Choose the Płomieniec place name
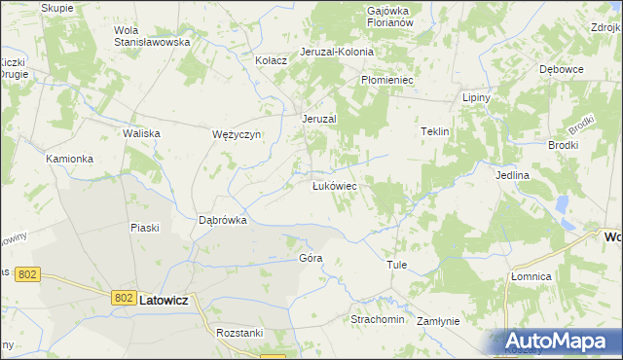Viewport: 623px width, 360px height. [x=387, y=80]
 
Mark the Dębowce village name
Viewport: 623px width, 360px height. [x=561, y=70]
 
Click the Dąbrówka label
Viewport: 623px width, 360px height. [x=223, y=220]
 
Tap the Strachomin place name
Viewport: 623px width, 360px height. [x=377, y=318]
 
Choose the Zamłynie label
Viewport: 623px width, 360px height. [x=437, y=320]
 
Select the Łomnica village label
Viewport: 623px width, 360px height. [x=531, y=276]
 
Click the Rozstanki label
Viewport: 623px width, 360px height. [x=239, y=332]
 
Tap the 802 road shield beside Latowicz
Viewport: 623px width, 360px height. [x=123, y=298]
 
